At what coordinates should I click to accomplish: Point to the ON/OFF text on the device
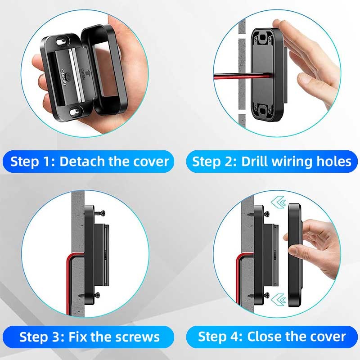pyautogui.click(x=63, y=77)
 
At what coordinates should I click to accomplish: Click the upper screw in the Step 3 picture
pyautogui.click(x=99, y=213)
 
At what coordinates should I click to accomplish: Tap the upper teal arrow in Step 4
pyautogui.click(x=278, y=202)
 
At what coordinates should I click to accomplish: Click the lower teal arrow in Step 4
pyautogui.click(x=278, y=299)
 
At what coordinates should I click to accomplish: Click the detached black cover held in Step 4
pyautogui.click(x=295, y=255)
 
